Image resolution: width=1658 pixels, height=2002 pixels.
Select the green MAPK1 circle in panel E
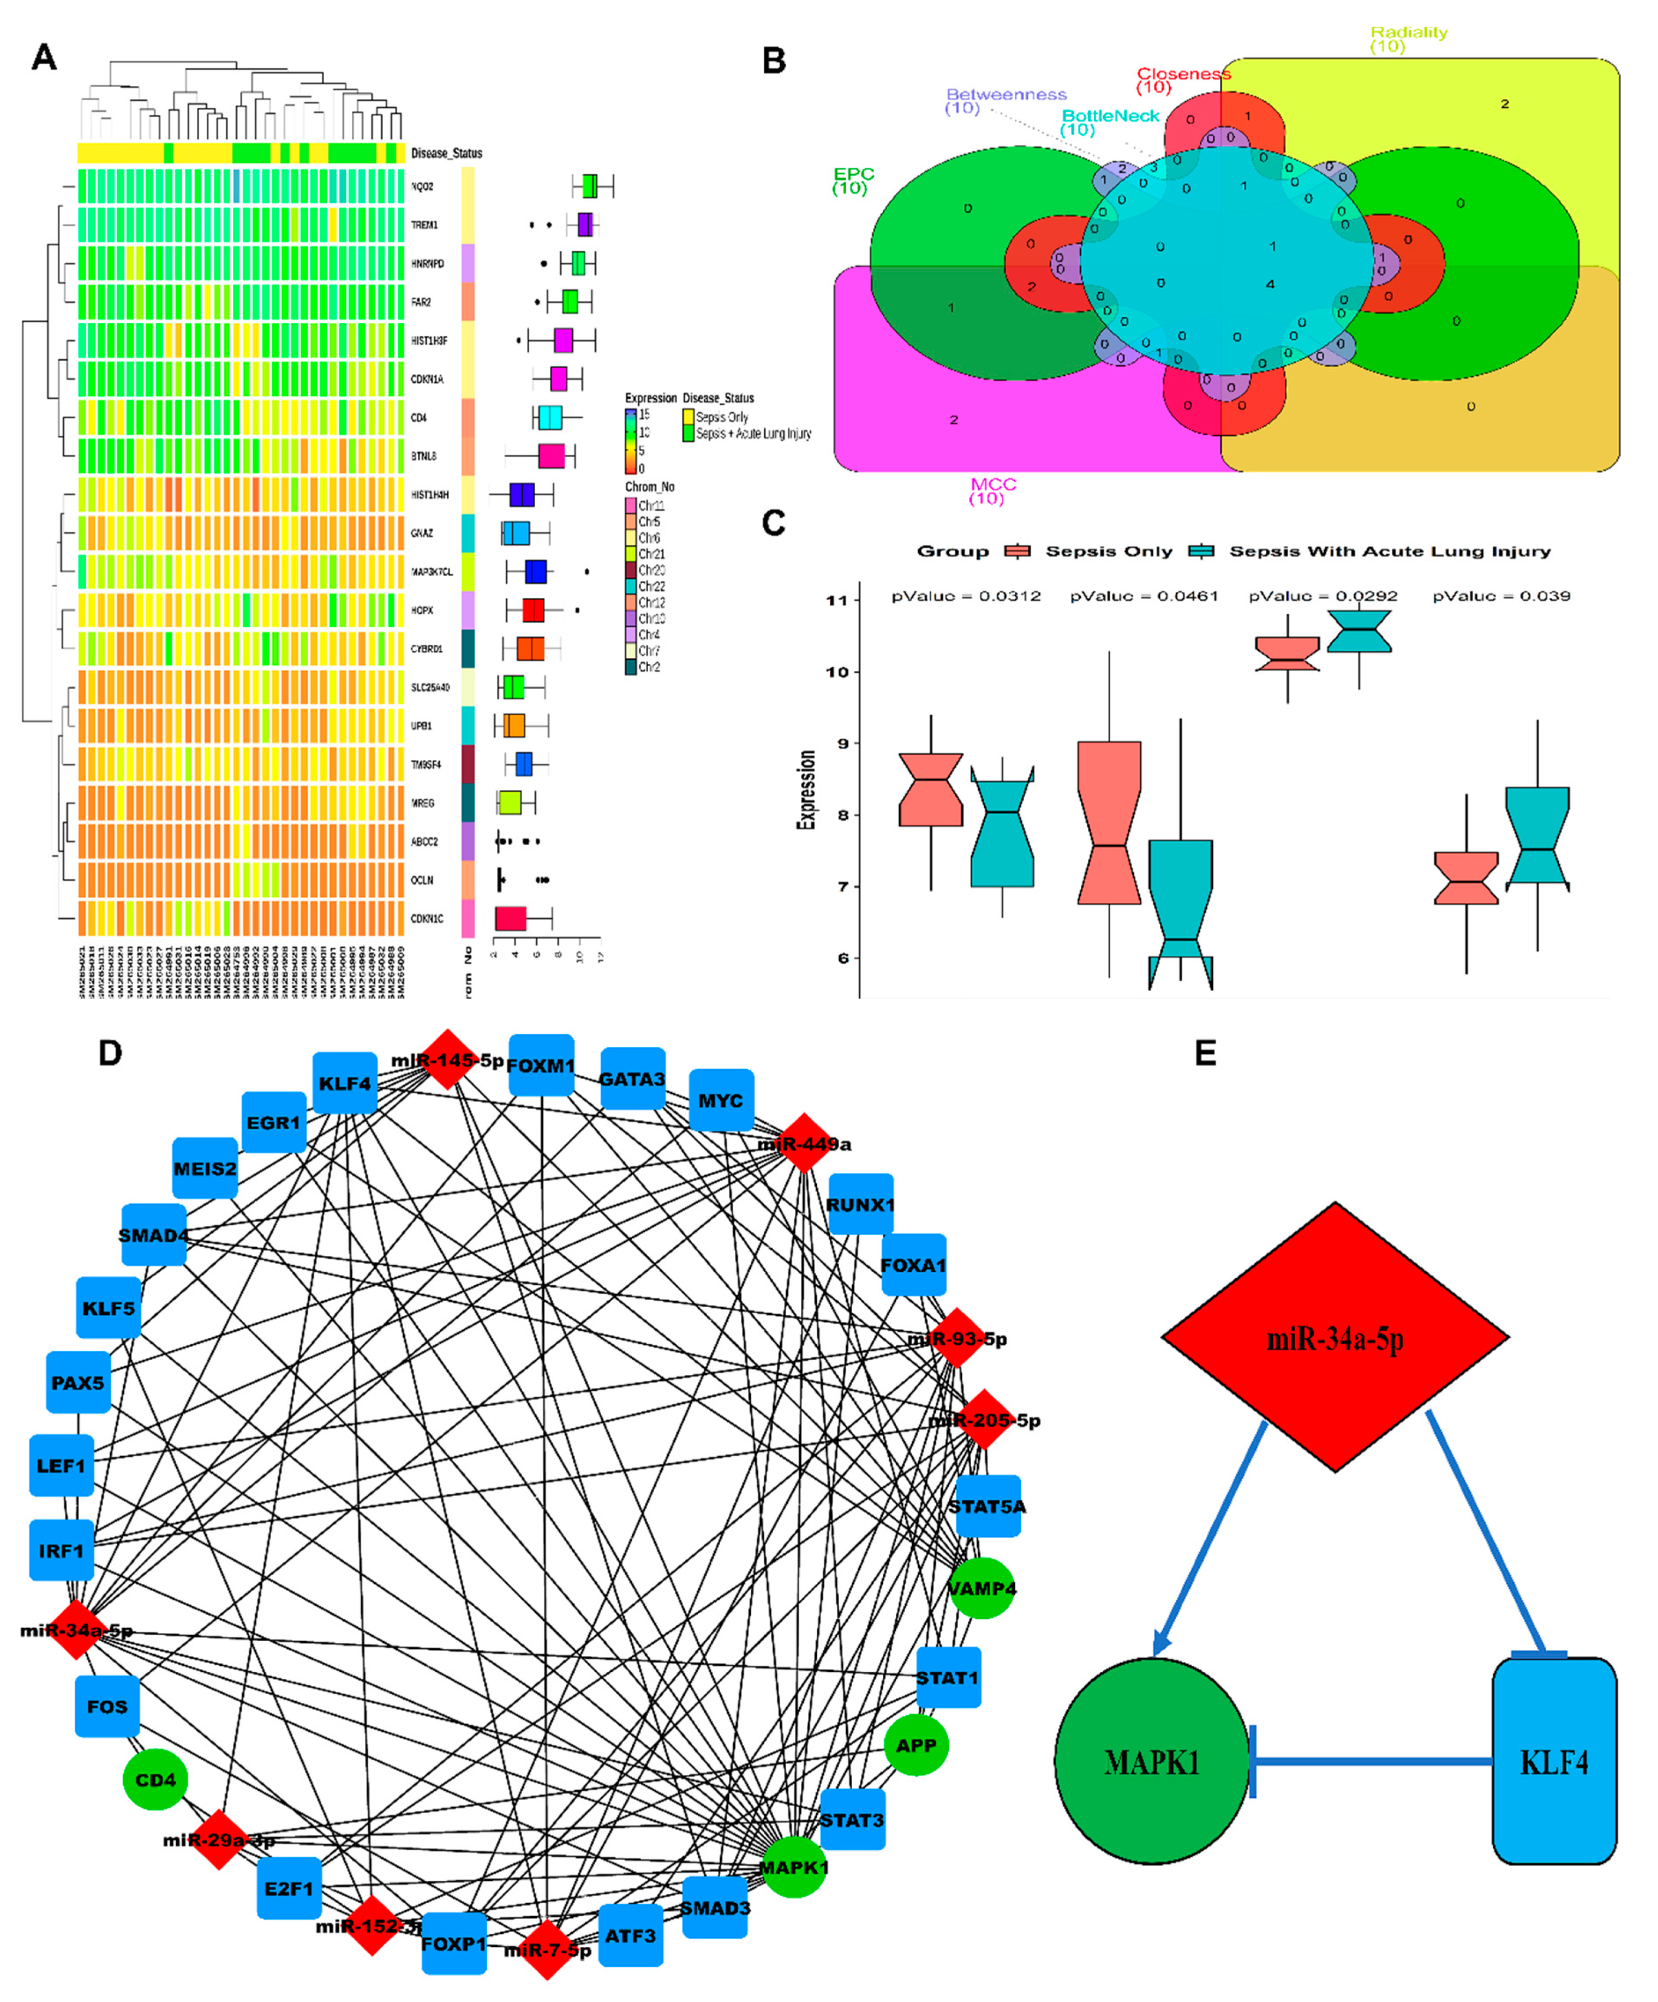1151,1761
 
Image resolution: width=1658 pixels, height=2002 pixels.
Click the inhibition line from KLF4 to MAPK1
1373,1761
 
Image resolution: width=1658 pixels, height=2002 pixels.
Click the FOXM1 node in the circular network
541,1065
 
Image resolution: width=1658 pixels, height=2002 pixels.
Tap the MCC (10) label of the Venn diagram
992,491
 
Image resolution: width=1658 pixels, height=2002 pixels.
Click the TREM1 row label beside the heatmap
424,225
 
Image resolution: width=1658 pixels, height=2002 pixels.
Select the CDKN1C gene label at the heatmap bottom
426,919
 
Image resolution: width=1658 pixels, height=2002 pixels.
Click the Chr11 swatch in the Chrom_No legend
631,505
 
